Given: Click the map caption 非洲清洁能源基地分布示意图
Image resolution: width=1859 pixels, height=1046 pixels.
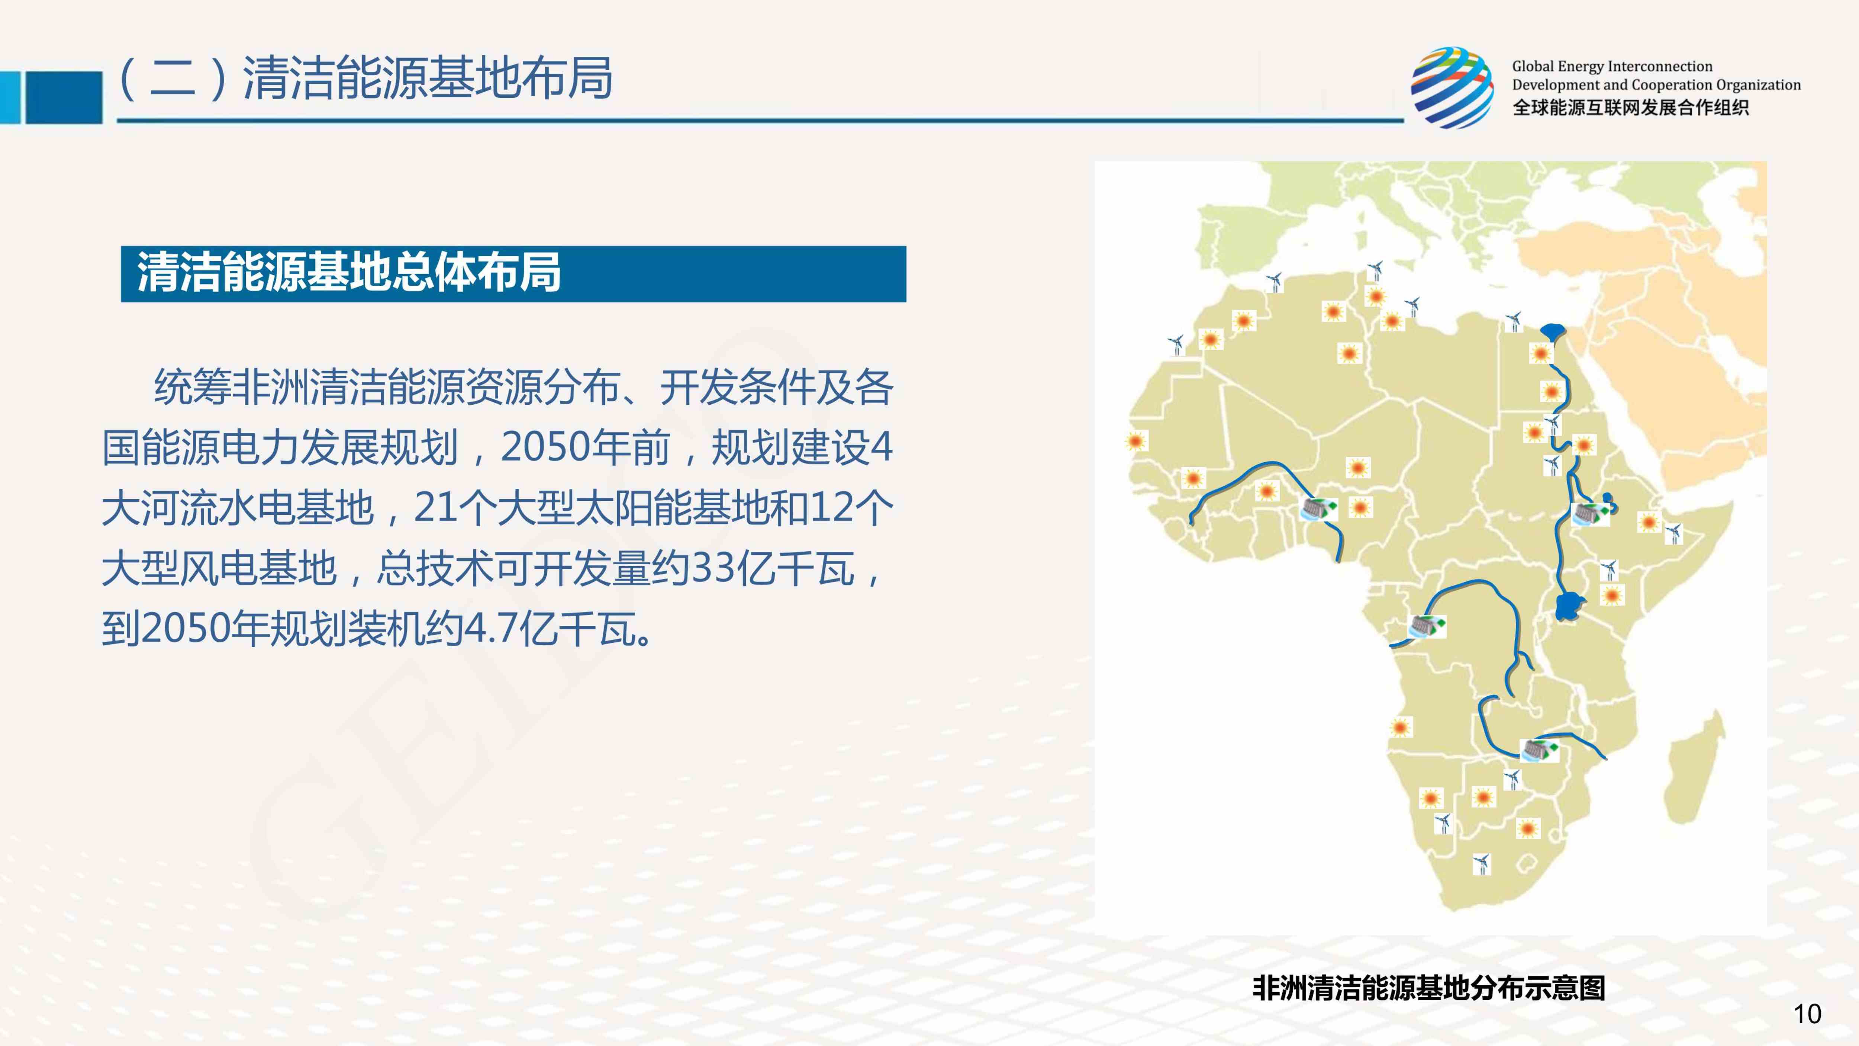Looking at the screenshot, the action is click(1429, 988).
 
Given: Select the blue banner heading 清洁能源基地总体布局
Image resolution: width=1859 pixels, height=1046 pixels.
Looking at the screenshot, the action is click(349, 273).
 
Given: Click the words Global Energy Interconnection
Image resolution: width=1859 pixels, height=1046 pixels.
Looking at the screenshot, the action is click(1612, 67).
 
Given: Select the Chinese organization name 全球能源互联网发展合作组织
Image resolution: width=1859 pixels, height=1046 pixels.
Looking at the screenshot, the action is click(1630, 108).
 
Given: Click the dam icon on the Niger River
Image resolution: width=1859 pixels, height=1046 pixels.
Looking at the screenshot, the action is click(1318, 509).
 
